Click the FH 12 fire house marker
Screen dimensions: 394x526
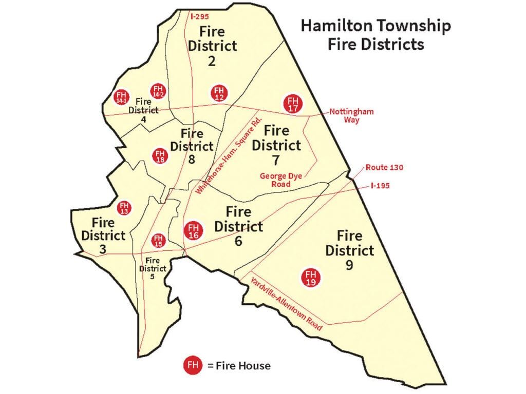pyautogui.click(x=219, y=93)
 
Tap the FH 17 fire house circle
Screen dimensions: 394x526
pyautogui.click(x=293, y=104)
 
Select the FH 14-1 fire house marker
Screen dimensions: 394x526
pyautogui.click(x=121, y=97)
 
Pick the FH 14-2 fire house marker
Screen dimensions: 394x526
pyautogui.click(x=157, y=91)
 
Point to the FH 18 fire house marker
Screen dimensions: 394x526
pyautogui.click(x=160, y=155)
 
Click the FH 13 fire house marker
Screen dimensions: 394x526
pyautogui.click(x=124, y=208)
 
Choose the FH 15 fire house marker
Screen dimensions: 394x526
pyautogui.click(x=158, y=240)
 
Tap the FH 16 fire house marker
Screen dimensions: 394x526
pyautogui.click(x=193, y=230)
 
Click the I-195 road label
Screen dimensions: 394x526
pyautogui.click(x=379, y=185)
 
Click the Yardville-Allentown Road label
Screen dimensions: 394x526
pyautogui.click(x=286, y=303)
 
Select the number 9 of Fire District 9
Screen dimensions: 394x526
pyautogui.click(x=349, y=266)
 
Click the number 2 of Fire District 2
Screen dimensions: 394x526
pyautogui.click(x=212, y=62)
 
